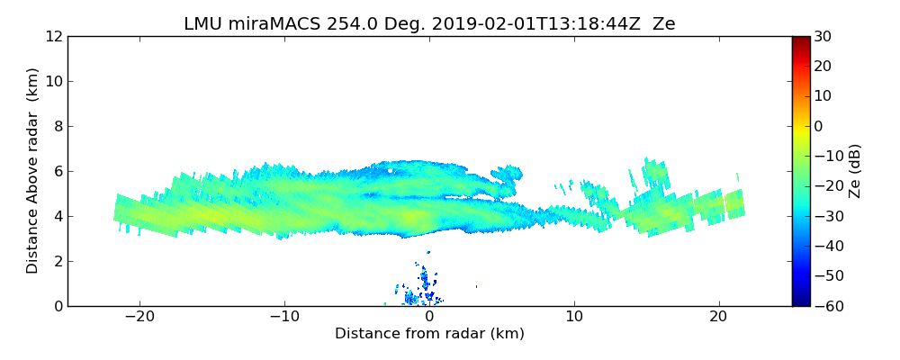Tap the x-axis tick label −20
click(139, 318)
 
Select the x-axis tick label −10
click(284, 318)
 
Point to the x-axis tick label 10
click(574, 318)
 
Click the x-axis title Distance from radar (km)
click(429, 334)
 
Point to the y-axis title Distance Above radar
click(33, 171)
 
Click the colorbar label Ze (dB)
click(855, 171)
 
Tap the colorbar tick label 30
click(823, 37)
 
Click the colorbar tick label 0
click(818, 127)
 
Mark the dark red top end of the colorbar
click(800, 40)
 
